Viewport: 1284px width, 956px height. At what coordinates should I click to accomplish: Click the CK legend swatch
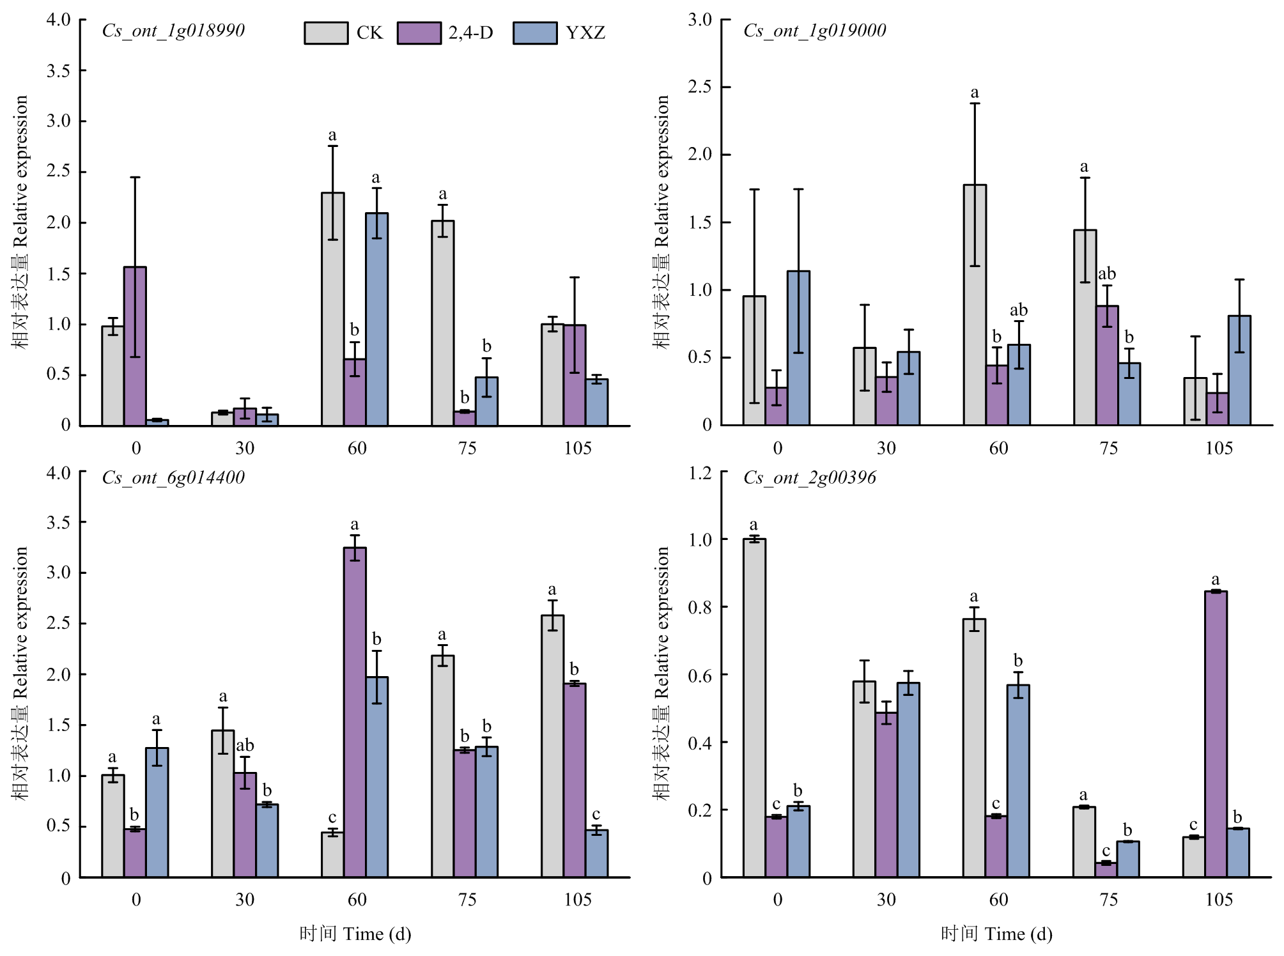326,33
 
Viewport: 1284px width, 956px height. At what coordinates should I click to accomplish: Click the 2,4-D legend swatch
419,33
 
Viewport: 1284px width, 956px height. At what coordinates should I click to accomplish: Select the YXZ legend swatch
535,33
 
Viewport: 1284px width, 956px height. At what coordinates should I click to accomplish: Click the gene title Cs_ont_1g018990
173,31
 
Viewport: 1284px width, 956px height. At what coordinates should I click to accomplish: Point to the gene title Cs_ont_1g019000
814,31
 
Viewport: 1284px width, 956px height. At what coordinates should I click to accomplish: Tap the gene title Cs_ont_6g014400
173,477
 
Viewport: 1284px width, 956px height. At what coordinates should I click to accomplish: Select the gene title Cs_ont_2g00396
809,477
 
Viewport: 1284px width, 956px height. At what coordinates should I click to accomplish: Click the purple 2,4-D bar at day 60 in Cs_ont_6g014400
355,712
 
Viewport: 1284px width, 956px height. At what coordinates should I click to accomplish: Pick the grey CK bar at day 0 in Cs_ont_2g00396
754,708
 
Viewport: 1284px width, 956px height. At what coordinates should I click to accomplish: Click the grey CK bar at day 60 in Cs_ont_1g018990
332,309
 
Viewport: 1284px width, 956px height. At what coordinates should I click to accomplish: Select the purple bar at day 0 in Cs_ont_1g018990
135,346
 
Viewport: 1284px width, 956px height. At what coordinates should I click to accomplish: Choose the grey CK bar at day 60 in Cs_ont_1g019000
975,305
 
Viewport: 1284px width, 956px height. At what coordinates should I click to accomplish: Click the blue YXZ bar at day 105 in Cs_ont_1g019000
1239,371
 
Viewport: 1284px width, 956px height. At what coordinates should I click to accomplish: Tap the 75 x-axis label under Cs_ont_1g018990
467,448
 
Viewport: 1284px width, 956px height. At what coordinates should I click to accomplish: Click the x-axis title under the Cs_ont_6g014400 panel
355,934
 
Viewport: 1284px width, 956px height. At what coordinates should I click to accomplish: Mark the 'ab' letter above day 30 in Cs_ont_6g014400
245,745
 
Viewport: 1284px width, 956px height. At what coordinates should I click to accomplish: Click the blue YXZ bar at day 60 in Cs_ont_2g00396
1018,781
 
